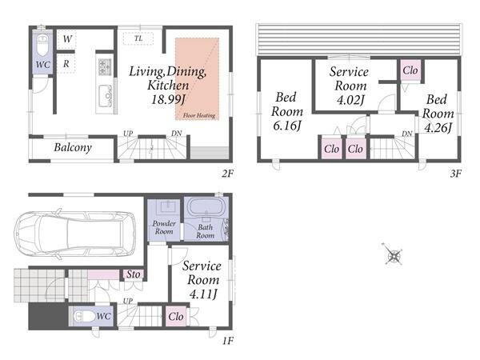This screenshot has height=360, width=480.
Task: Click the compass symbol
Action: point(393,254)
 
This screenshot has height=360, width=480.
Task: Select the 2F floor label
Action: point(227,174)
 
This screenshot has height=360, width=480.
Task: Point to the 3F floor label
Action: point(455,174)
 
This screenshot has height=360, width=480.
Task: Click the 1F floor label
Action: point(227,340)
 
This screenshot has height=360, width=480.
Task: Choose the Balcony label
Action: point(73,147)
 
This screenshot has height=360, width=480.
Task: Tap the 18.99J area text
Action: point(169,99)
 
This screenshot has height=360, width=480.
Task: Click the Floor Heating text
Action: point(199,115)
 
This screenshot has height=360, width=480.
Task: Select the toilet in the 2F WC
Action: point(42,44)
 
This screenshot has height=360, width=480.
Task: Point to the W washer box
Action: point(66,39)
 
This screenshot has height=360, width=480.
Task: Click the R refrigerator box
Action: point(66,64)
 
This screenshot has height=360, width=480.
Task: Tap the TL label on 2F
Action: point(138,38)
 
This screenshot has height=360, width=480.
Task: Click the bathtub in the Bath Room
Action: point(206,207)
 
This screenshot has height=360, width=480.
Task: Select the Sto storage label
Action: point(133,274)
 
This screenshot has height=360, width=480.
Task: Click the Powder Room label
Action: point(164,227)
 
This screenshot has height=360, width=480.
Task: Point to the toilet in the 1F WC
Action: point(85,316)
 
